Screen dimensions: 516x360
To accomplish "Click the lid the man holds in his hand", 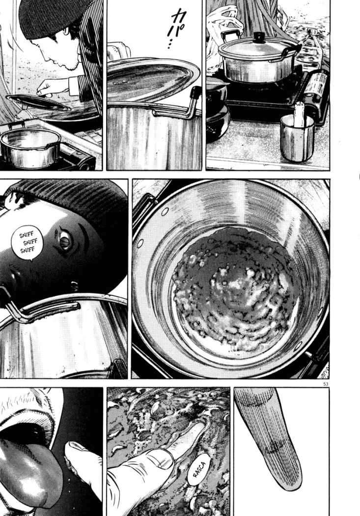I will click(x=37, y=101).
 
